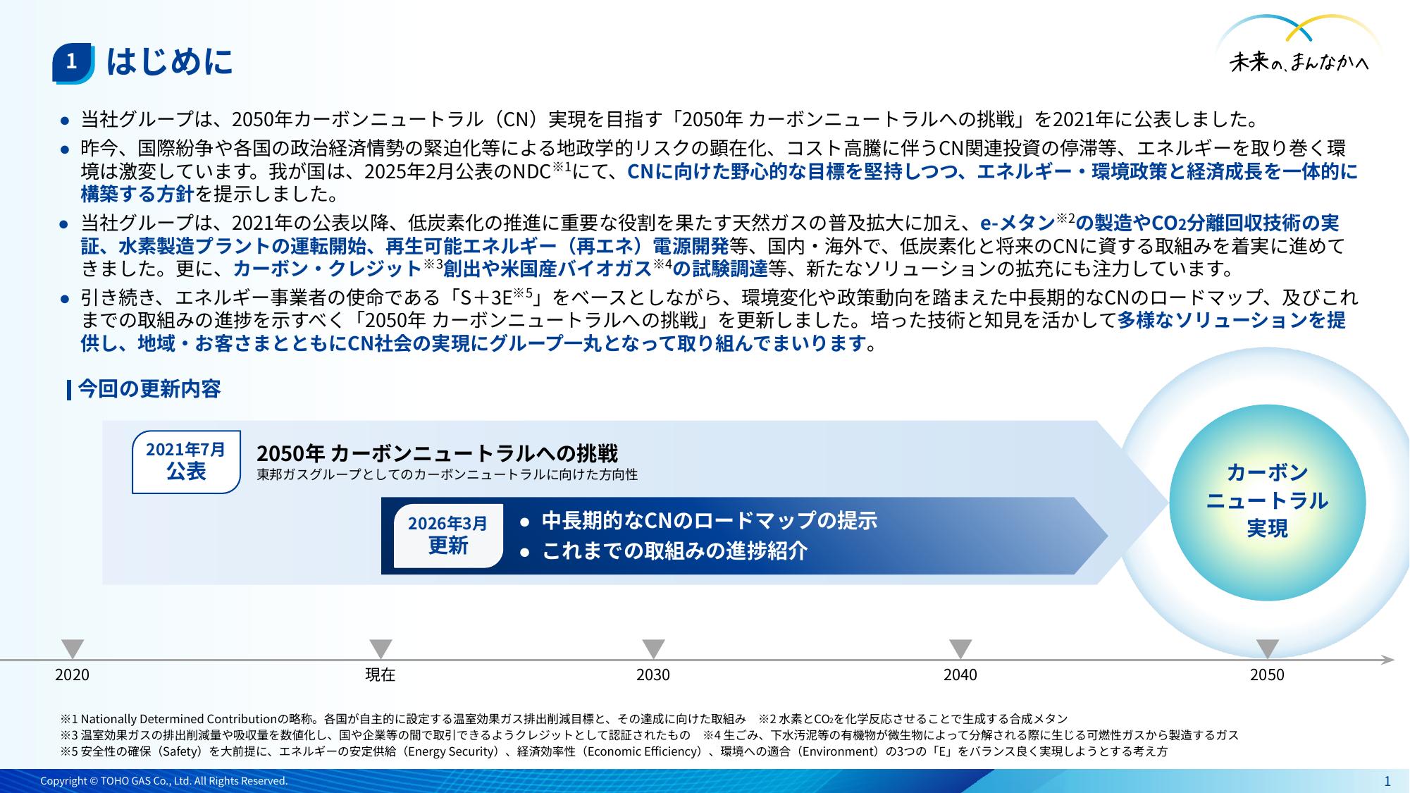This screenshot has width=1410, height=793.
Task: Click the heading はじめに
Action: coord(169,62)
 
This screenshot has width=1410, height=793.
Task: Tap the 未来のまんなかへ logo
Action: coord(1299,47)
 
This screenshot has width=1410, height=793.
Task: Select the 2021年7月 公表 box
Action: coord(186,462)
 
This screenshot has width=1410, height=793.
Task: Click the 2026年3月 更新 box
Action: coord(448,535)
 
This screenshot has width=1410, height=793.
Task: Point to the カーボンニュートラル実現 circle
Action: coord(1267,503)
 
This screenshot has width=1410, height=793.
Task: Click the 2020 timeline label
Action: coord(72,675)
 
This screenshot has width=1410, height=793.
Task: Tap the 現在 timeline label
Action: coord(381,675)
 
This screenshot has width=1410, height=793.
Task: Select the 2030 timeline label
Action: coord(653,675)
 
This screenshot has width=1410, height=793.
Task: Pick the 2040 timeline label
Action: coord(960,675)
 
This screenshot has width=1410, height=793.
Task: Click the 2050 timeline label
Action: coord(1267,675)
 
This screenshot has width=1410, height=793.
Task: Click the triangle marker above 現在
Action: coord(381,648)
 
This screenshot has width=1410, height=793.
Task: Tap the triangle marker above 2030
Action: coord(653,648)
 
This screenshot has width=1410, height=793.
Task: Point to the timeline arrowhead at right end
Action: coord(1388,660)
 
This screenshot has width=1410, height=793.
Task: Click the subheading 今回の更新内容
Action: coord(149,389)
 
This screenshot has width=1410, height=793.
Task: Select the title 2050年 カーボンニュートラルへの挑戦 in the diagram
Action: coord(437,453)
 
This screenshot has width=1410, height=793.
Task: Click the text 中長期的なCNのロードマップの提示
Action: coord(710,520)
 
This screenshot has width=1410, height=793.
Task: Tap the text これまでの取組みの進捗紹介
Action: coord(675,551)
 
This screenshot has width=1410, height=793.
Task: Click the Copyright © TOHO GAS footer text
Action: coord(164,781)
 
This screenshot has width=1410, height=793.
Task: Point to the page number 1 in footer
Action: coord(1387,781)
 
